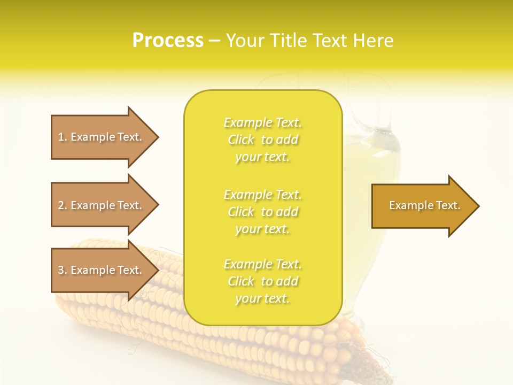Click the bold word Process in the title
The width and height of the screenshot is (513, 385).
pyautogui.click(x=168, y=41)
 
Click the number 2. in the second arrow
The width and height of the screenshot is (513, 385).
pyautogui.click(x=62, y=205)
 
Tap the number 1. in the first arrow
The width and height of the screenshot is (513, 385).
pyautogui.click(x=62, y=137)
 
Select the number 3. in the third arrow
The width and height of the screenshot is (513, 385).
pyautogui.click(x=62, y=270)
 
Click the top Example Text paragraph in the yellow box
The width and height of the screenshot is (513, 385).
pyautogui.click(x=262, y=140)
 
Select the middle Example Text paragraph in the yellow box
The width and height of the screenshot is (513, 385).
pyautogui.click(x=262, y=212)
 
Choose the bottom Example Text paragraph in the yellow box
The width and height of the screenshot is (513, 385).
pyautogui.click(x=262, y=281)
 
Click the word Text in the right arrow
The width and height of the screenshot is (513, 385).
pyautogui.click(x=448, y=205)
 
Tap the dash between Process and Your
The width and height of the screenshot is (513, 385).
pyautogui.click(x=214, y=41)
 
